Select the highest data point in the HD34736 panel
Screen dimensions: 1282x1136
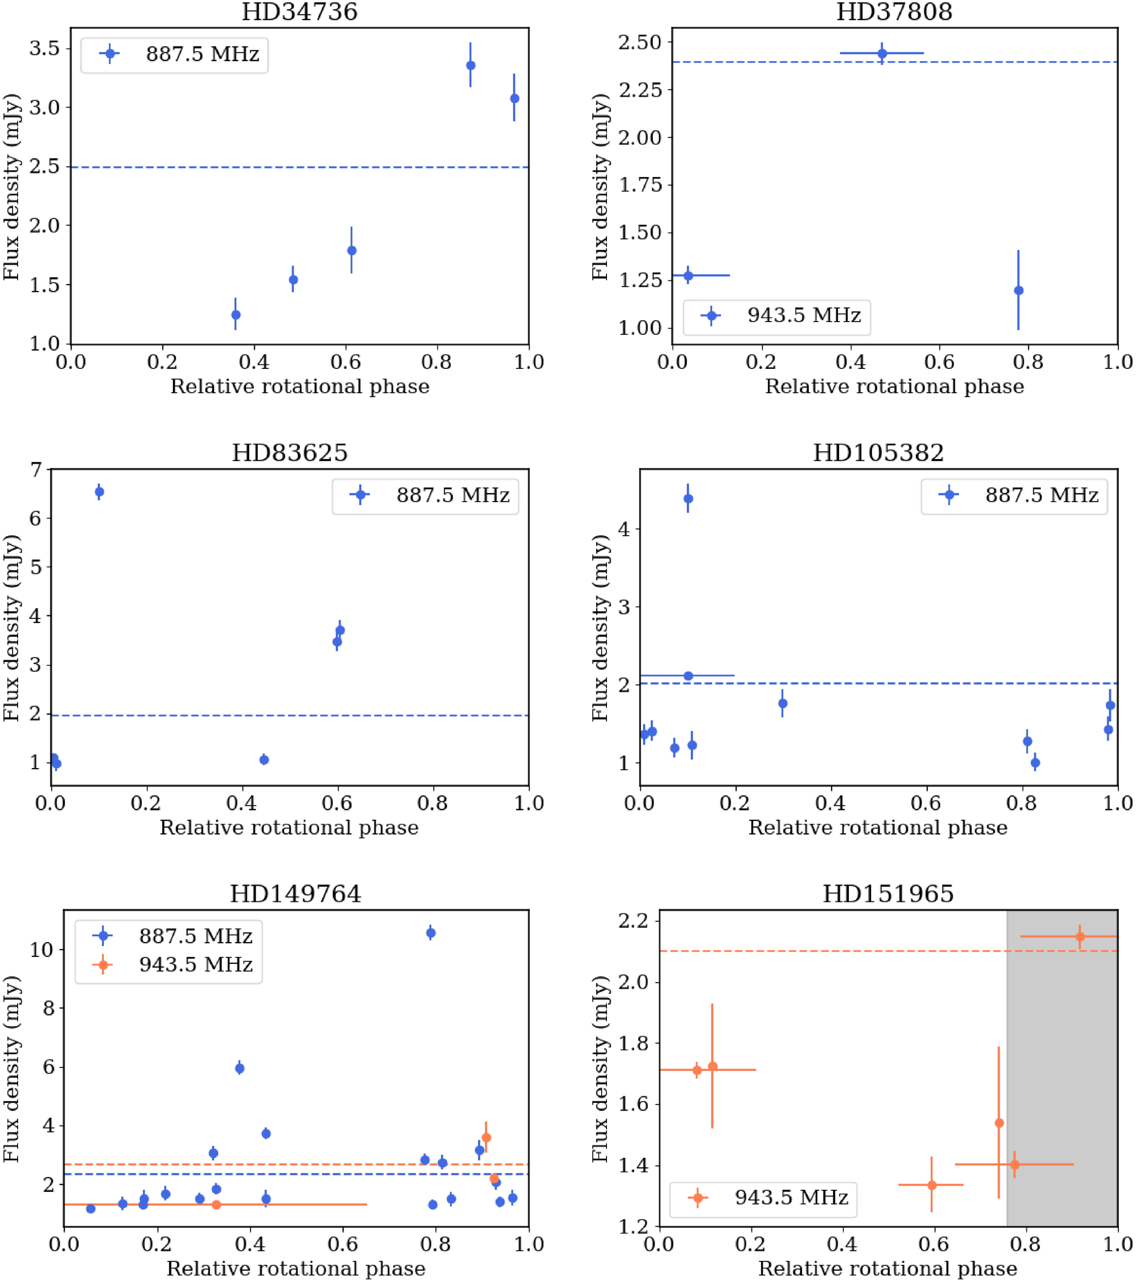pyautogui.click(x=470, y=65)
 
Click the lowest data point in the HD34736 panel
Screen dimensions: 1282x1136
pyautogui.click(x=236, y=315)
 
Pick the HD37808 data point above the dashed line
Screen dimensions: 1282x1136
pyautogui.click(x=882, y=53)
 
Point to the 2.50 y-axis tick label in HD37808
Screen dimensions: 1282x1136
pyautogui.click(x=639, y=43)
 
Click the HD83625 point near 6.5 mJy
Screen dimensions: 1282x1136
pyautogui.click(x=99, y=492)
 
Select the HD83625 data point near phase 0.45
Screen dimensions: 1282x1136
pyautogui.click(x=264, y=760)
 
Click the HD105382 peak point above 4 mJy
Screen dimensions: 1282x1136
pyautogui.click(x=688, y=499)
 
